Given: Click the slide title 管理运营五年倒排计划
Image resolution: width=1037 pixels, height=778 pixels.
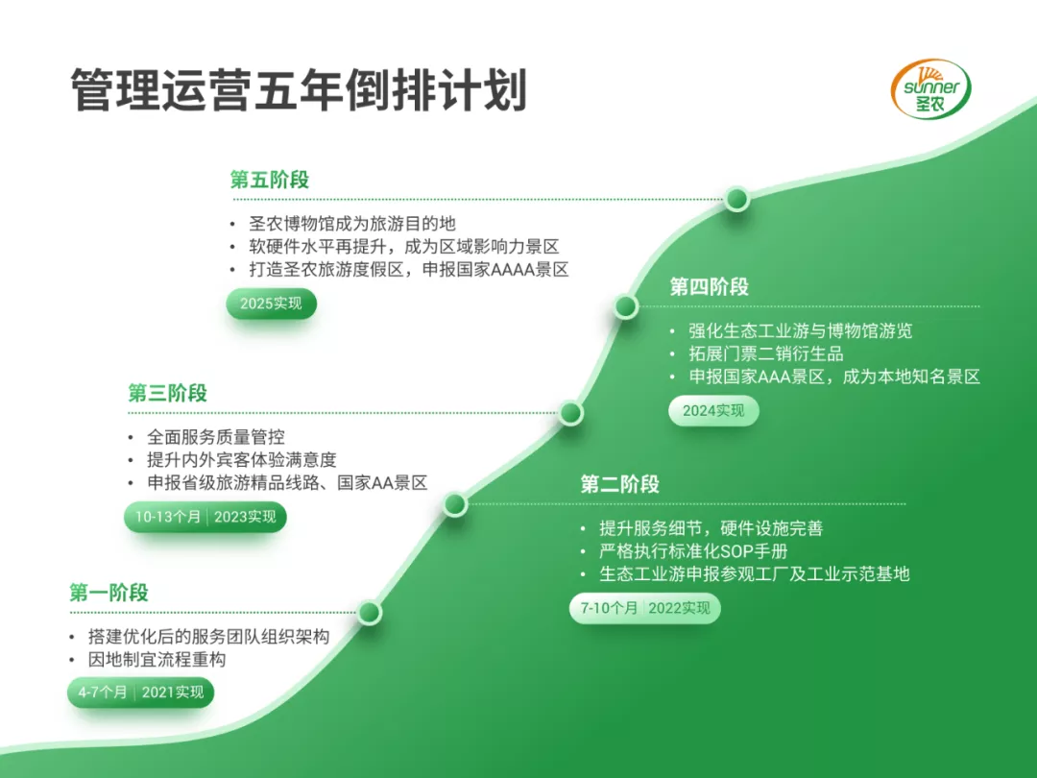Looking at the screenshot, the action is click(299, 90).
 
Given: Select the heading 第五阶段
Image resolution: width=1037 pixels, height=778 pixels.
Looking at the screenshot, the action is click(269, 180).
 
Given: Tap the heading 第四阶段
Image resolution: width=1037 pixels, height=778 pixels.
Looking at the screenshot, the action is click(709, 287).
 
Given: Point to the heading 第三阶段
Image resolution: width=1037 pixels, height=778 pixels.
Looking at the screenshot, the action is click(167, 393).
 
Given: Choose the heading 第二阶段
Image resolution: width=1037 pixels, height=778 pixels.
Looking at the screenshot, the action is click(619, 484).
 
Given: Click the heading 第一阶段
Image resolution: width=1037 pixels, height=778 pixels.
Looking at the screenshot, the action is click(109, 593).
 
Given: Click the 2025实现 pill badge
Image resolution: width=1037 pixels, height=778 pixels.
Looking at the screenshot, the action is click(271, 304).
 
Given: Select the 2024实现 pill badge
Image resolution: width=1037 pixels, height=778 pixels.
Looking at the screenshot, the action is click(713, 411).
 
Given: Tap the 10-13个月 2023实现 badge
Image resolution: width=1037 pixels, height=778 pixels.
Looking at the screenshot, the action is click(205, 517).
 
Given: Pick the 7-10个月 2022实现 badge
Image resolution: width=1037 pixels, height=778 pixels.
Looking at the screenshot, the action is click(645, 608).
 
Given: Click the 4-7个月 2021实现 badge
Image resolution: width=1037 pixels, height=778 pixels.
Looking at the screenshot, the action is click(141, 693).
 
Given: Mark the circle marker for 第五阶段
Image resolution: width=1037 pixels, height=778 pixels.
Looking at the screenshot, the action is click(736, 199).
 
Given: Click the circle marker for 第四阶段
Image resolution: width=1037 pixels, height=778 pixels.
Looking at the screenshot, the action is click(626, 307).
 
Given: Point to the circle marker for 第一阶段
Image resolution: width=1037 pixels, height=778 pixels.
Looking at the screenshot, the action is click(369, 613).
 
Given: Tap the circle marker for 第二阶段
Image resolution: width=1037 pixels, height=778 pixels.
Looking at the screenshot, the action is click(455, 505).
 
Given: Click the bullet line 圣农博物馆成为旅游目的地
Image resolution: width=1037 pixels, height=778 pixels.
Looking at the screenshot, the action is click(351, 224).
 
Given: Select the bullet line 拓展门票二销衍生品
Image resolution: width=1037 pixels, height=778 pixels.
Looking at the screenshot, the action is click(766, 353).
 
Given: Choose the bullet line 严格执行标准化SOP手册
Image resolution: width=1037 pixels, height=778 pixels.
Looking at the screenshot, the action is click(693, 551).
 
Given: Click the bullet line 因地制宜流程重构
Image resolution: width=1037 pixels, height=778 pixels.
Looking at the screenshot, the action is click(157, 660).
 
